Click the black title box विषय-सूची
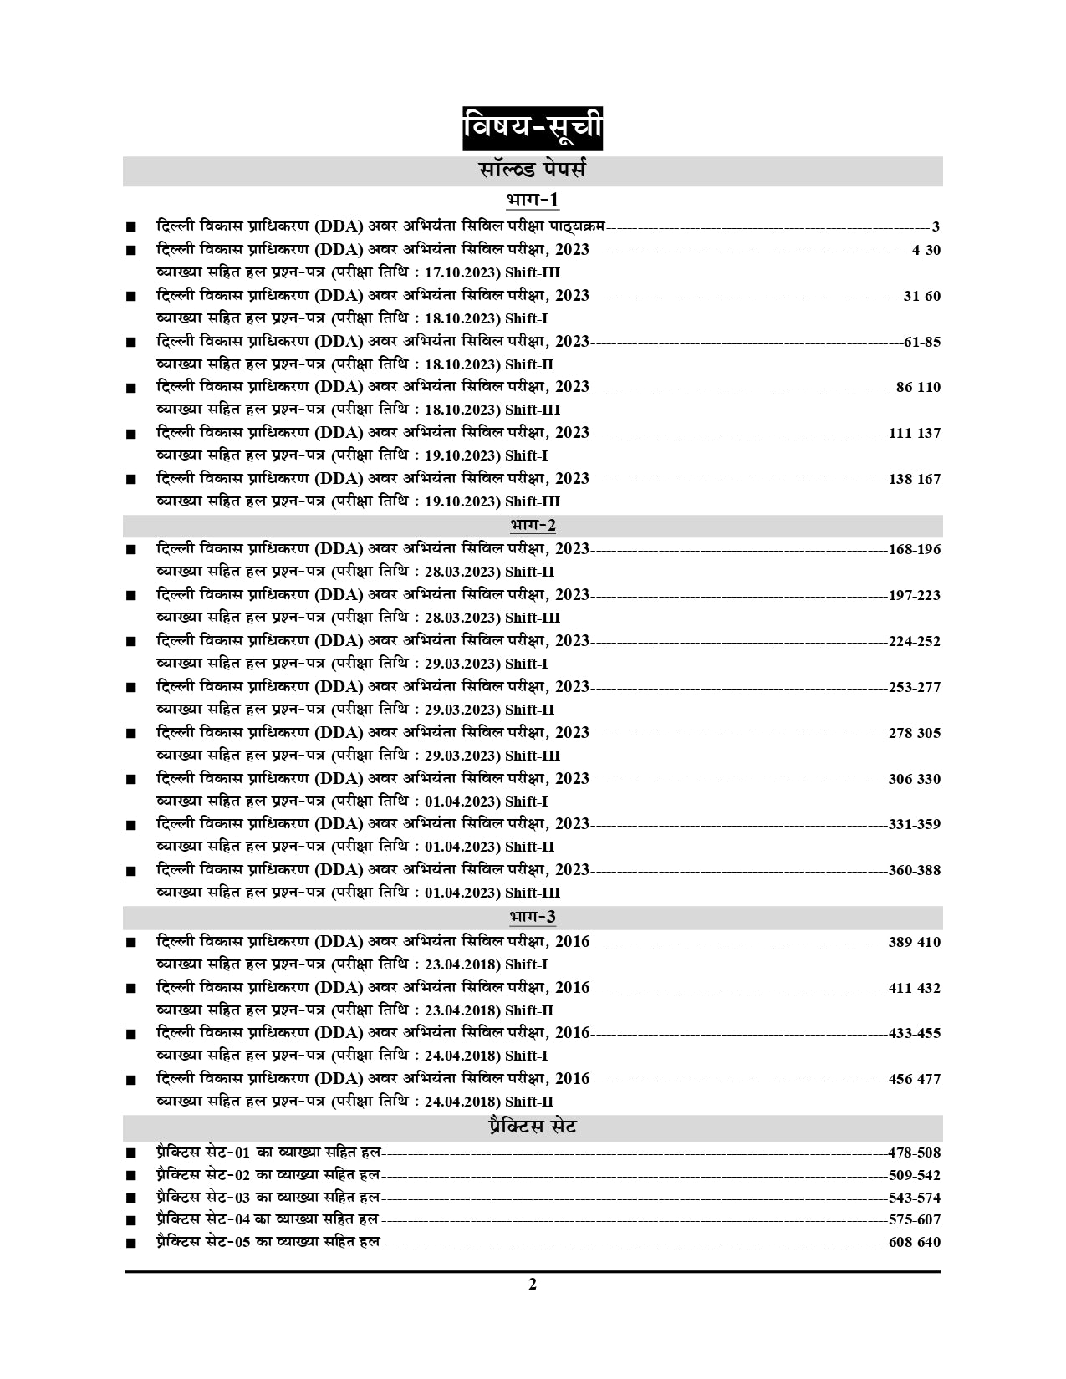coord(533,130)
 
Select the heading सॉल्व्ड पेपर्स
coord(533,170)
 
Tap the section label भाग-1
coord(533,201)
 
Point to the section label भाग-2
coord(533,525)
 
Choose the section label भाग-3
coord(533,917)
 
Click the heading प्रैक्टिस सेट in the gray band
coord(533,1127)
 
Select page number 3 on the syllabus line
coord(936,226)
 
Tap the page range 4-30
coord(926,250)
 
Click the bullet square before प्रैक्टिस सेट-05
coord(130,1244)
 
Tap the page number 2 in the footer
coord(533,1285)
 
